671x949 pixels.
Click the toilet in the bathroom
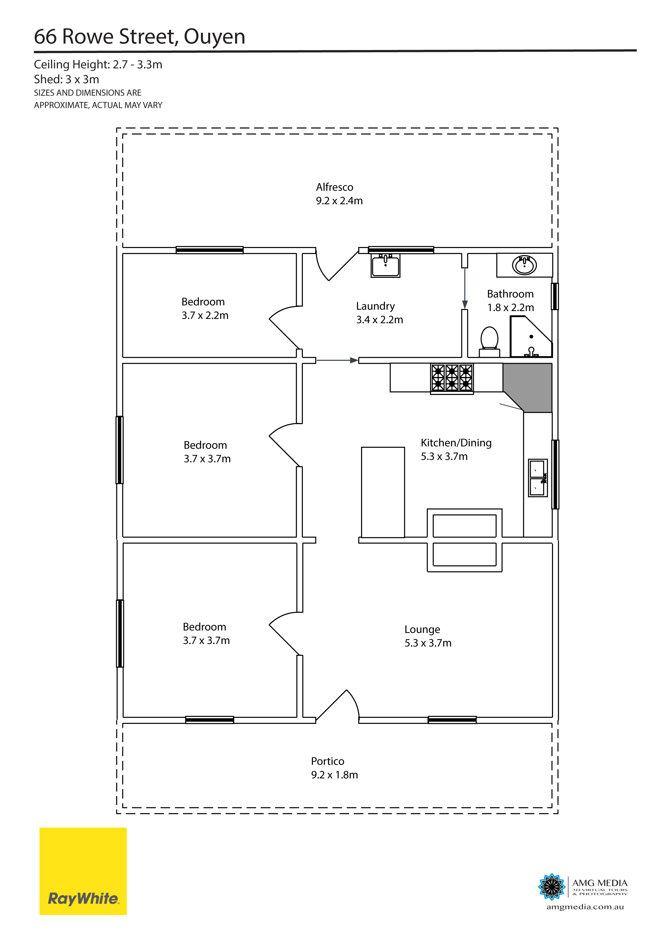[x=489, y=341]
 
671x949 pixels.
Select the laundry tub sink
[x=385, y=266]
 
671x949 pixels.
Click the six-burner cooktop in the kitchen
[x=452, y=377]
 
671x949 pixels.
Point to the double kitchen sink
[x=538, y=477]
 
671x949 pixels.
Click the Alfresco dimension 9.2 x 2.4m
[x=339, y=201]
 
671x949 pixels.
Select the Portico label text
[x=327, y=761]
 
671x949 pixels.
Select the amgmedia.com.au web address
[x=585, y=907]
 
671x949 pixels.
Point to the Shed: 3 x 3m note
[x=67, y=79]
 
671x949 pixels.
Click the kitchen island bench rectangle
[x=383, y=492]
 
